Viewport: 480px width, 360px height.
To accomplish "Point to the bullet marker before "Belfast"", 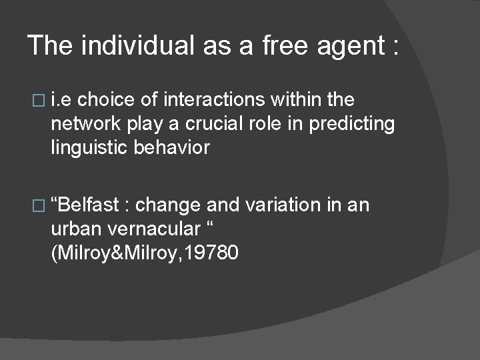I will (37, 205).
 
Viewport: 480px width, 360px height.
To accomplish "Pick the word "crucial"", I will (219, 124).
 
